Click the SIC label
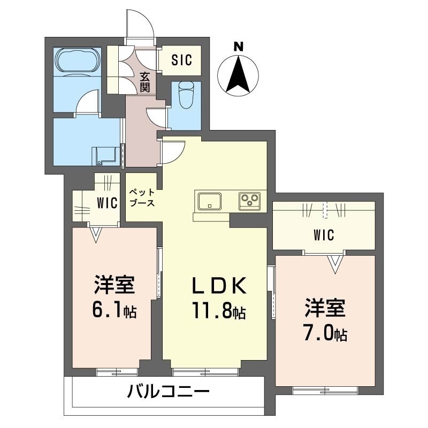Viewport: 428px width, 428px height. (x=181, y=60)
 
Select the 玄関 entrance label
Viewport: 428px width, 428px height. (x=145, y=82)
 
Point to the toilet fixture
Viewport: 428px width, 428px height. (x=186, y=95)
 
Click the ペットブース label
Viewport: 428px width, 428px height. (x=142, y=197)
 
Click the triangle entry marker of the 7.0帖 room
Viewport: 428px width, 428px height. (x=335, y=263)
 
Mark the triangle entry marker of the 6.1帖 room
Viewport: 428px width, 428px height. (x=96, y=234)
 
